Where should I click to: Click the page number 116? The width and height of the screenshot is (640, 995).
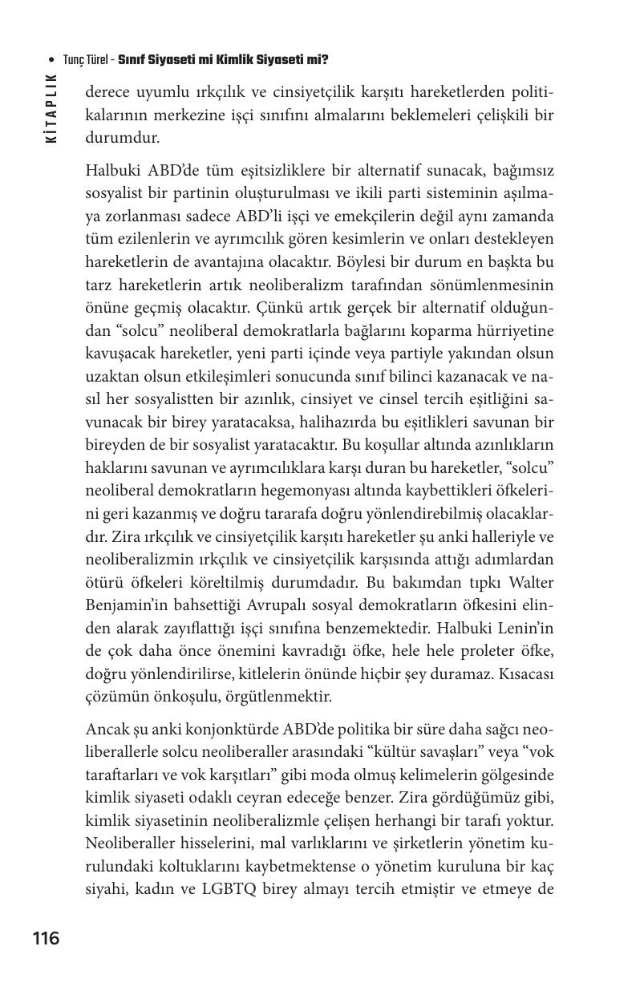point(46,938)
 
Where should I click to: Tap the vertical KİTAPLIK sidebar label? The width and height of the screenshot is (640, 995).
point(52,108)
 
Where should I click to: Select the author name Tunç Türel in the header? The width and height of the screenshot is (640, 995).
point(87,60)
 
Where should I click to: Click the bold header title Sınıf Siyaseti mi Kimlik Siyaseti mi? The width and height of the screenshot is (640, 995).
point(223,60)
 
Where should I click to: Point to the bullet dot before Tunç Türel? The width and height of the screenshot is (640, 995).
point(51,61)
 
